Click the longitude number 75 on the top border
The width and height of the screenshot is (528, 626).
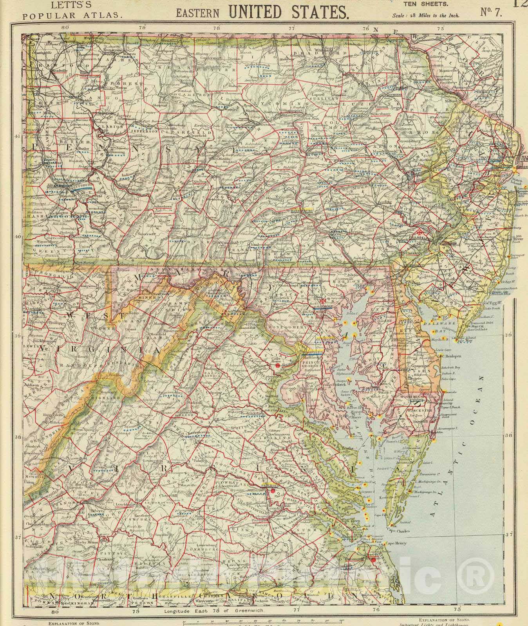[x=440, y=28]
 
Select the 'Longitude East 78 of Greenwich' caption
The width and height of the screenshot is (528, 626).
[x=214, y=610]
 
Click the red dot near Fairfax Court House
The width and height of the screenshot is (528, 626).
[x=277, y=365]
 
